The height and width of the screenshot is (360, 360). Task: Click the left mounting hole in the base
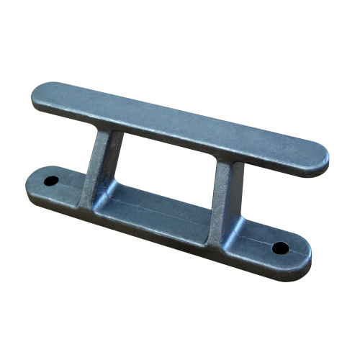coord(53,177)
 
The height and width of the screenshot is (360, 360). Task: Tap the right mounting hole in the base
coord(280,248)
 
